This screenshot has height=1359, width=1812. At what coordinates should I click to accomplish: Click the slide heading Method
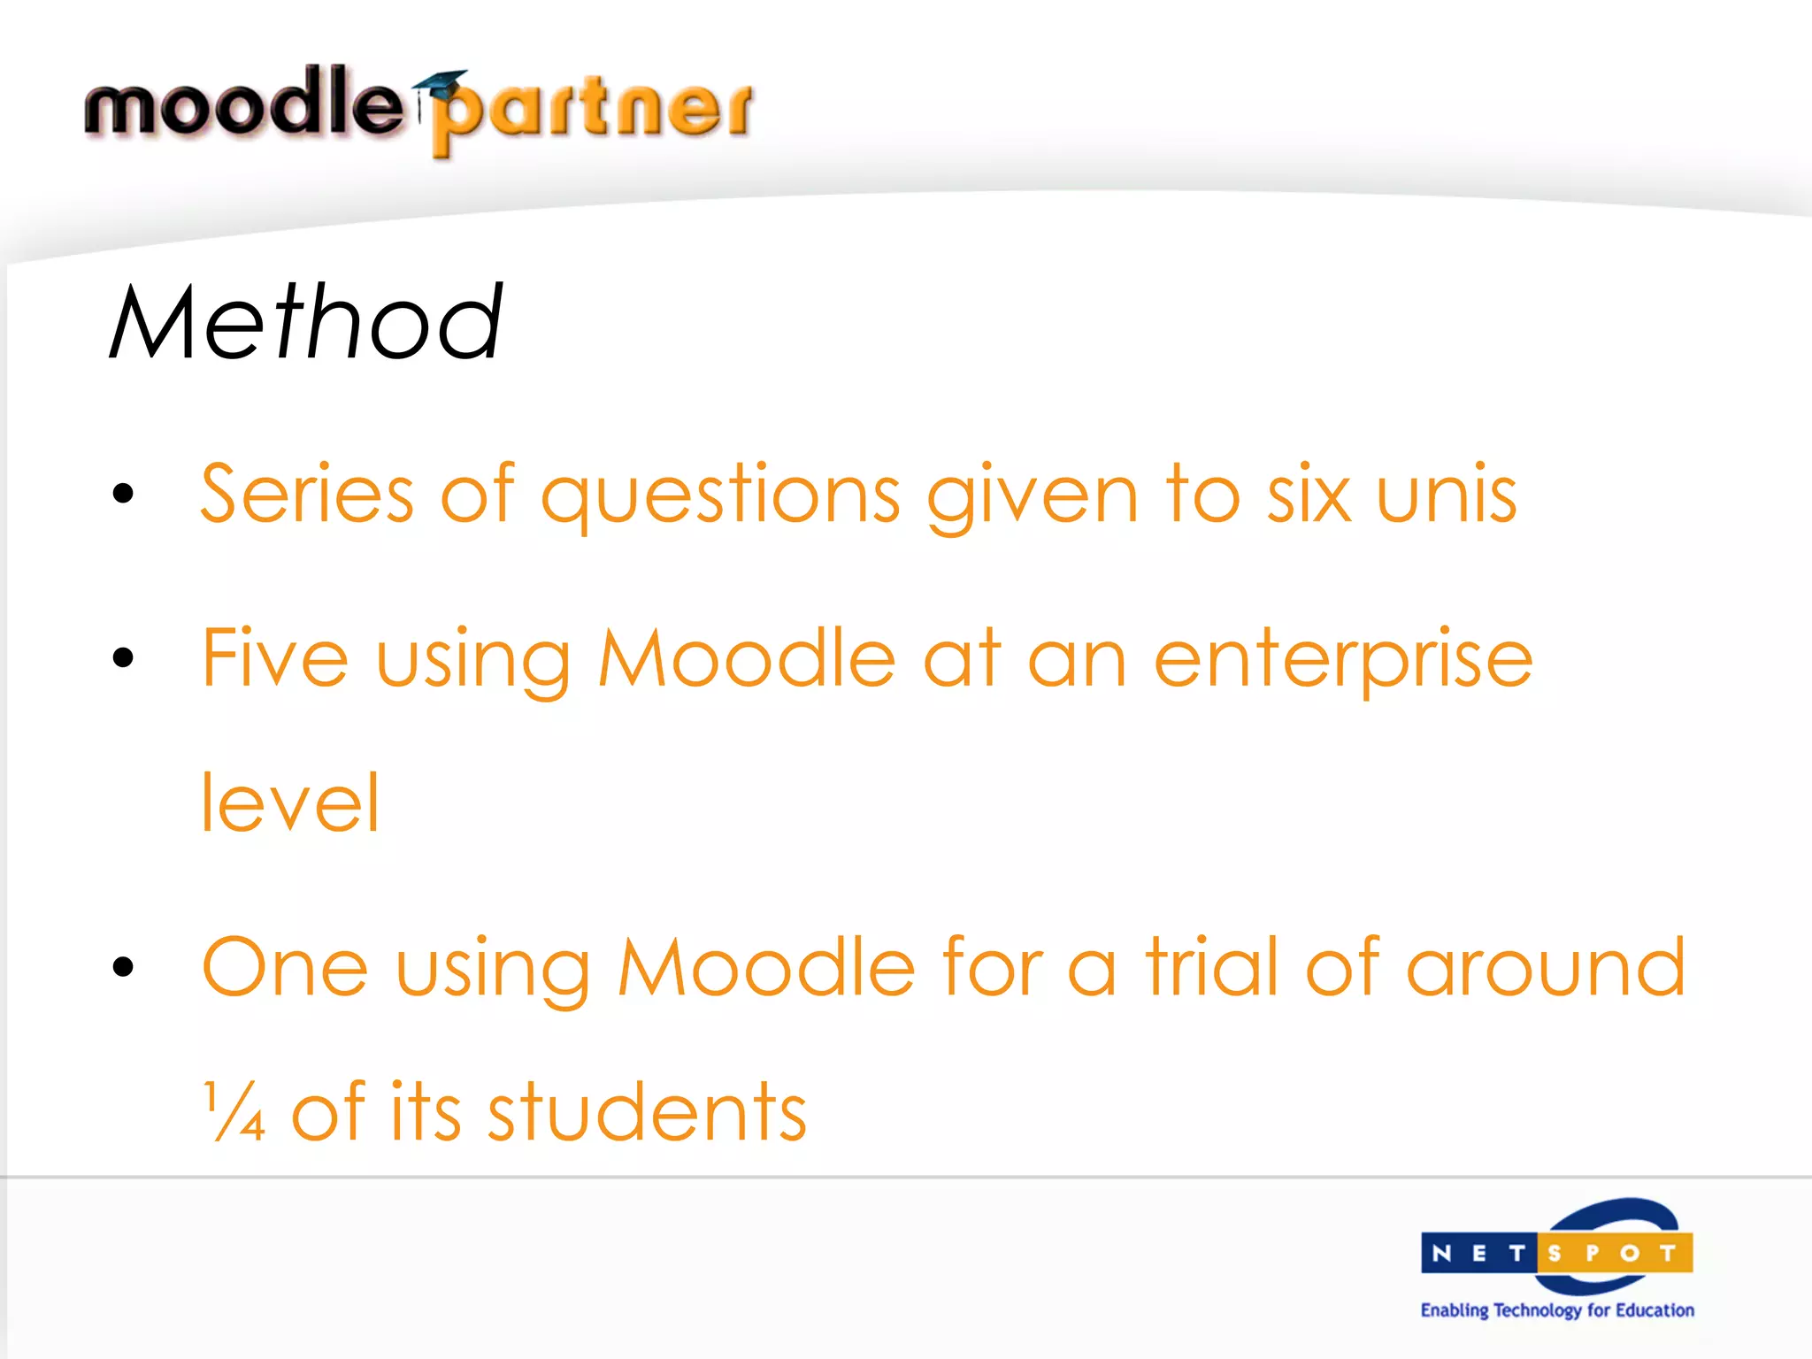(x=306, y=322)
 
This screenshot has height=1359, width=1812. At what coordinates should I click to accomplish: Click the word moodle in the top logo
(x=243, y=104)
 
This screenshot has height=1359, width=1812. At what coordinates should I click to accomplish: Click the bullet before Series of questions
(x=123, y=494)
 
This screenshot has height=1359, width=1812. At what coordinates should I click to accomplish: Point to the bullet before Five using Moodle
(x=123, y=657)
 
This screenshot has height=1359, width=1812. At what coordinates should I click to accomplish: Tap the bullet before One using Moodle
(x=123, y=967)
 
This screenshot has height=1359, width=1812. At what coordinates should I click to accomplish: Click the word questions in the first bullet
(x=720, y=495)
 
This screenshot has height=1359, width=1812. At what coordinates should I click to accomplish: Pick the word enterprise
(x=1342, y=659)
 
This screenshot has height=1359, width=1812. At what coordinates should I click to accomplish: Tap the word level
(x=290, y=802)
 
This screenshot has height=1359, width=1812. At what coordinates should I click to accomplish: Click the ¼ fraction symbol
(x=234, y=1111)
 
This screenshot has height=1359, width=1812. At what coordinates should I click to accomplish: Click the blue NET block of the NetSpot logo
(x=1478, y=1253)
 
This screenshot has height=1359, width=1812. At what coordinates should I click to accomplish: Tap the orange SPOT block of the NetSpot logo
(x=1614, y=1253)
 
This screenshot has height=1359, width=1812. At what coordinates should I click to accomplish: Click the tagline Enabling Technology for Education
(x=1556, y=1310)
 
